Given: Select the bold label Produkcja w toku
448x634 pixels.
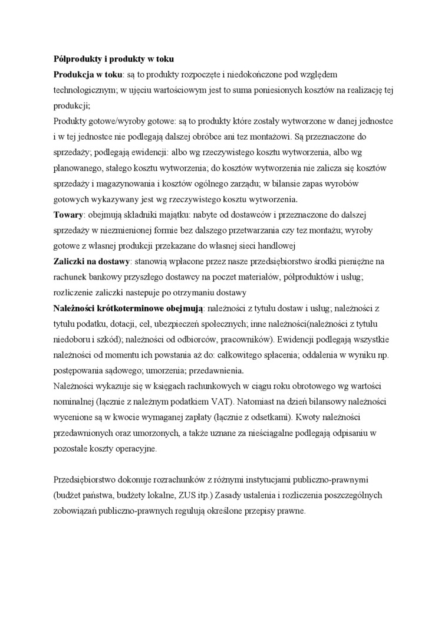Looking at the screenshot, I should click(87, 75).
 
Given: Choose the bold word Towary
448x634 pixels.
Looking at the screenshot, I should click(68, 214).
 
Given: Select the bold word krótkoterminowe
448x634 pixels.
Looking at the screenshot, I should click(129, 307).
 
